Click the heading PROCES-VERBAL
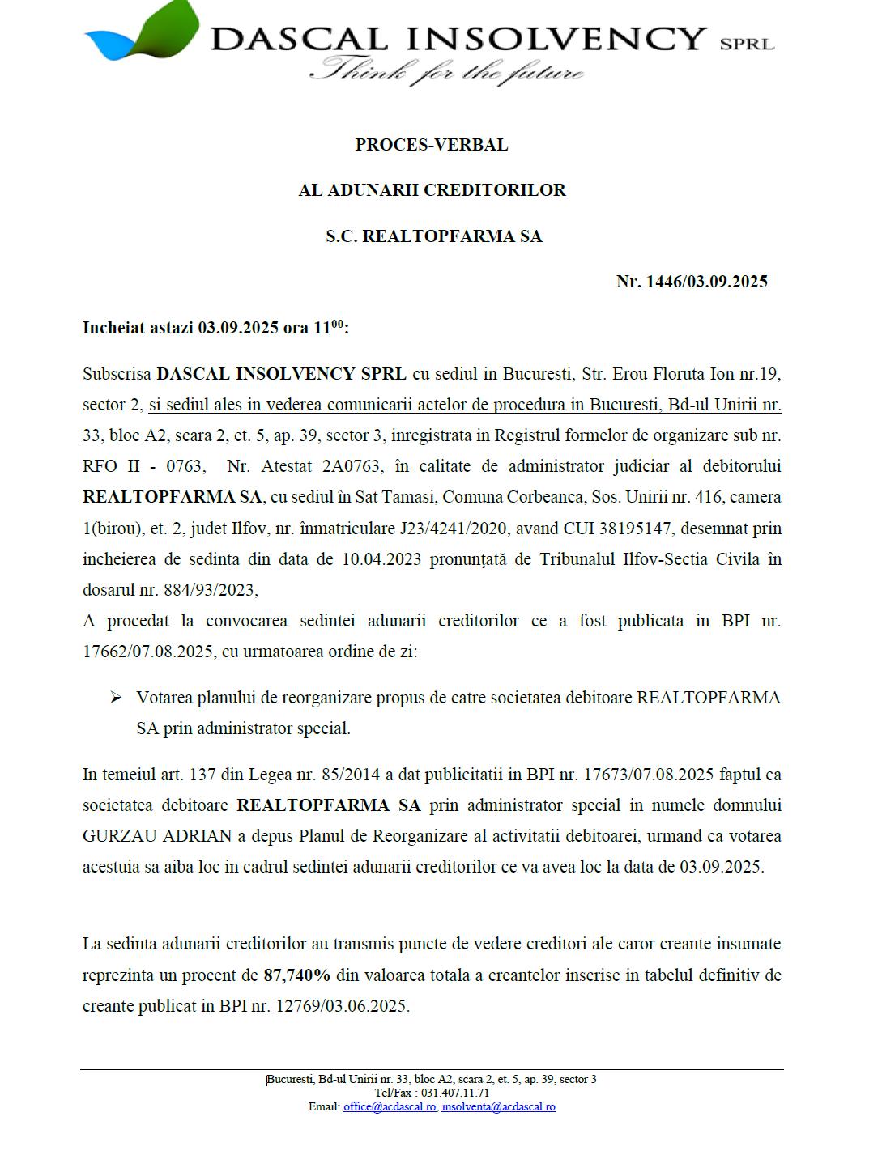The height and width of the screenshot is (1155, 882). (x=432, y=145)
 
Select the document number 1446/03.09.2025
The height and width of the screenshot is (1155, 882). (x=706, y=282)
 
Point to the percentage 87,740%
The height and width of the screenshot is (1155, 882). (x=296, y=975)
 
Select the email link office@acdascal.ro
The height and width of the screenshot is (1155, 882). (x=390, y=1106)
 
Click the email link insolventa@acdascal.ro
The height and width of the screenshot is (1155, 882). (x=498, y=1106)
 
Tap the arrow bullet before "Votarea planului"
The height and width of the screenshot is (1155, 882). (x=117, y=698)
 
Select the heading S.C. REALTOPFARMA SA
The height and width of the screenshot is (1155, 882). (x=433, y=236)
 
